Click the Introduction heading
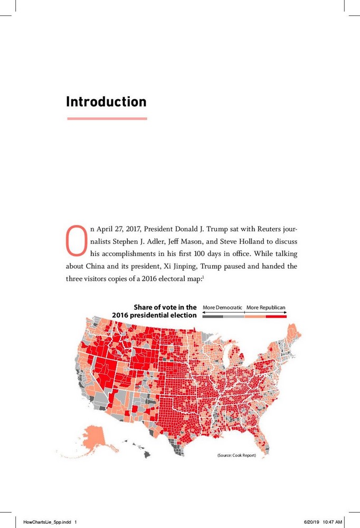(106, 101)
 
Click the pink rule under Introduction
(107, 118)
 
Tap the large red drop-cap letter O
(77, 240)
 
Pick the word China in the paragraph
(96, 266)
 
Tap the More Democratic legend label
(222, 307)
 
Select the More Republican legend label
(266, 307)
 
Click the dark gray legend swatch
(213, 316)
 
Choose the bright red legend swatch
(276, 316)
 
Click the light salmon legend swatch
(255, 316)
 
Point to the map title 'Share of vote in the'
(165, 307)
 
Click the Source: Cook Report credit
(236, 455)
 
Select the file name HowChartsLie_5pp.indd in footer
(47, 522)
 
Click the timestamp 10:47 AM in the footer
(333, 522)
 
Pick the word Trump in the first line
(217, 229)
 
